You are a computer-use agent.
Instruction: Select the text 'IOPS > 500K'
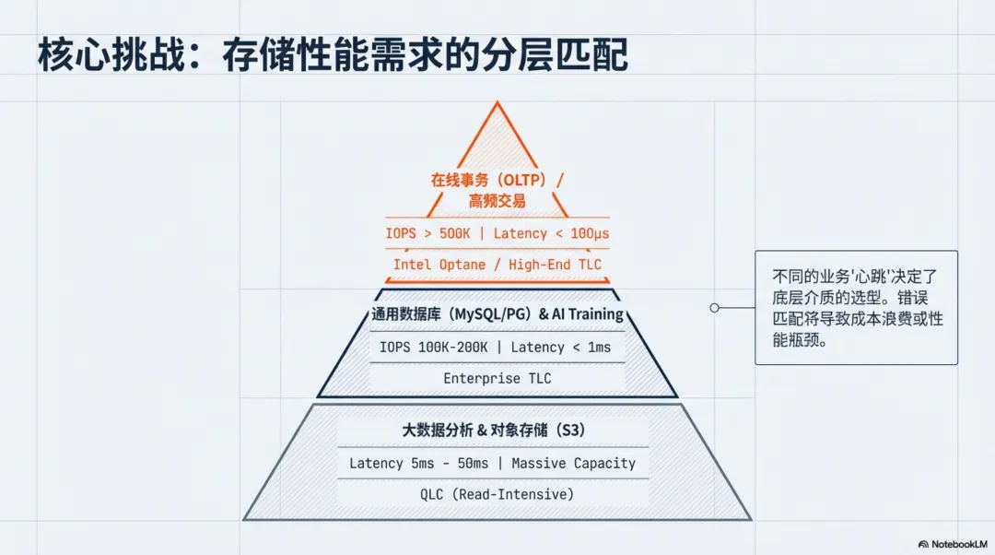pyautogui.click(x=427, y=233)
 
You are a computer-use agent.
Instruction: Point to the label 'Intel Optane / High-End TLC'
pyautogui.click(x=497, y=265)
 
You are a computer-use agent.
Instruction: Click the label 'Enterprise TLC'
pyautogui.click(x=497, y=378)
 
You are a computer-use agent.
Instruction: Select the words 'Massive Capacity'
pyautogui.click(x=573, y=463)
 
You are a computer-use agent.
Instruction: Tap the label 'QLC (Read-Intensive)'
pyautogui.click(x=497, y=494)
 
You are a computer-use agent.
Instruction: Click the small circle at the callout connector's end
pyautogui.click(x=714, y=308)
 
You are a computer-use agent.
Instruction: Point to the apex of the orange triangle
pyautogui.click(x=497, y=103)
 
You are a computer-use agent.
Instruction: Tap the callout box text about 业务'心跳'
pyautogui.click(x=856, y=307)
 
